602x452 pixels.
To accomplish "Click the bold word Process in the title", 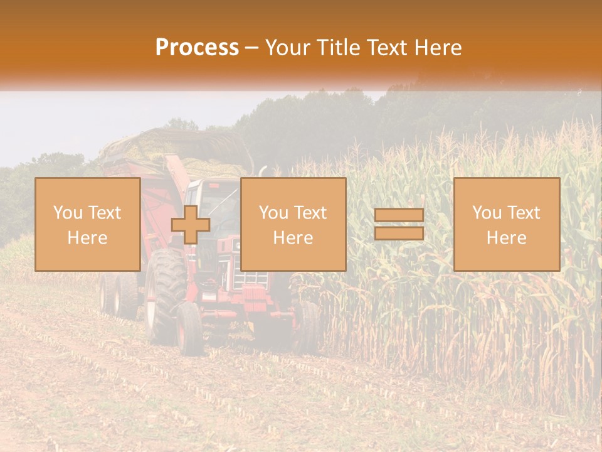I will point(197,48).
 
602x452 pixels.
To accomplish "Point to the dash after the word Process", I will point(251,48).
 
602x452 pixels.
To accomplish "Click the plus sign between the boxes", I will point(191,225).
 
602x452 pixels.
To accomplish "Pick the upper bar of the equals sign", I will point(399,215).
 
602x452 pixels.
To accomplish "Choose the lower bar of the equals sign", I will point(399,234).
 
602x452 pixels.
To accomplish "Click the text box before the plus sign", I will point(87,224).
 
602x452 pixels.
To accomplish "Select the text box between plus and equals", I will point(293,224).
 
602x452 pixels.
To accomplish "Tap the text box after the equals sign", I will point(506,224).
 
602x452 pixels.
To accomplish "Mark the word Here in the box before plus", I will point(87,238).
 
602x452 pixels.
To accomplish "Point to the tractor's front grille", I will point(253,279).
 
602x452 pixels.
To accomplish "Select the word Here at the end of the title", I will point(439,48).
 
